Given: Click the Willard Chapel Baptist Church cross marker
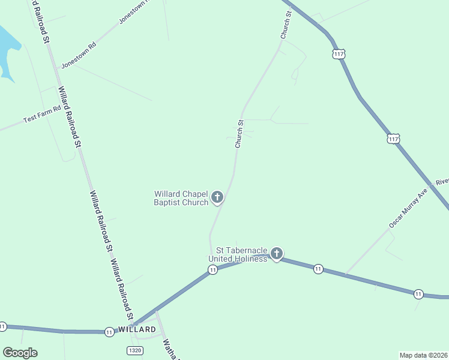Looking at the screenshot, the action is coord(217,196).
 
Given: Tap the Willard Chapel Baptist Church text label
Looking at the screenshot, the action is coord(181,198).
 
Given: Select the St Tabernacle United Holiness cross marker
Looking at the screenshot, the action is coord(276,254).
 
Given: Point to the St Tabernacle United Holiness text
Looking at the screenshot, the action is coord(237,254).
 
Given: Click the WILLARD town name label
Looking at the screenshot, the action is coord(137,329).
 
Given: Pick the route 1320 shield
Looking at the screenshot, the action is coord(135,350).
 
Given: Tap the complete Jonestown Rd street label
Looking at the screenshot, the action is coord(79,55).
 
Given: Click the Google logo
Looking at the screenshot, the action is coord(20,352).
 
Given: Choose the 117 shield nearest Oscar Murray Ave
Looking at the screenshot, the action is coord(393,139).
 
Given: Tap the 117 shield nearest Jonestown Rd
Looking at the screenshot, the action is coord(339,54).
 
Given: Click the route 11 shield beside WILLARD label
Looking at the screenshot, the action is coord(109,331).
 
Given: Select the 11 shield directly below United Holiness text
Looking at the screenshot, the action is coord(212,271).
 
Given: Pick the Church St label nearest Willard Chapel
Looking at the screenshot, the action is coord(239,134).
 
